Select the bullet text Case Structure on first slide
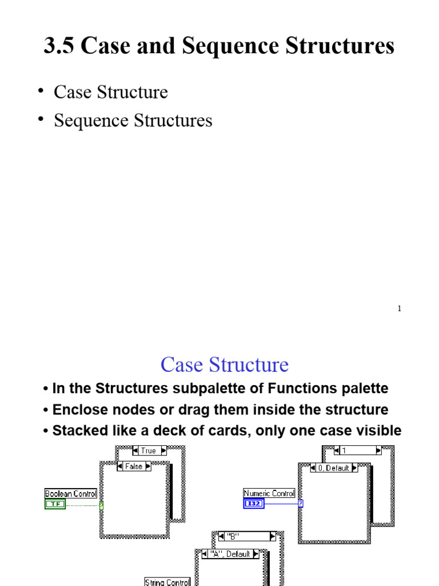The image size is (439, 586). (110, 92)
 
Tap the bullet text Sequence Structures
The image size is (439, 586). (133, 121)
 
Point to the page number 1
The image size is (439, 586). (400, 309)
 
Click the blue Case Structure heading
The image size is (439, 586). (224, 365)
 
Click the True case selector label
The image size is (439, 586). (148, 450)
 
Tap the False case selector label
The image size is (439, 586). (134, 466)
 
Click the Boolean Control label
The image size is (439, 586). (71, 493)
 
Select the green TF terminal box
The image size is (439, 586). (55, 504)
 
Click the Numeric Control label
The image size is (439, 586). (269, 493)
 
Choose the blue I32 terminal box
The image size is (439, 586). (254, 504)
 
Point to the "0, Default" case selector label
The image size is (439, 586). (334, 468)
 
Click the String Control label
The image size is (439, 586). (167, 582)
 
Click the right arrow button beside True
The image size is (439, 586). (163, 450)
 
